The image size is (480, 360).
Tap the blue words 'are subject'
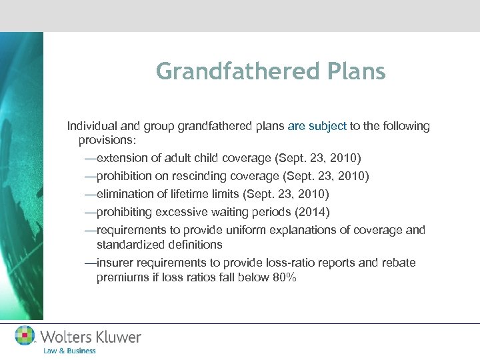click(x=317, y=126)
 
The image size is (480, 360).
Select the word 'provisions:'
click(x=107, y=141)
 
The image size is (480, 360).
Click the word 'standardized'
click(x=127, y=245)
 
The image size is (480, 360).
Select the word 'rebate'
click(x=397, y=263)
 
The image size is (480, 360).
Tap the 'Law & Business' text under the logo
click(x=69, y=351)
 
